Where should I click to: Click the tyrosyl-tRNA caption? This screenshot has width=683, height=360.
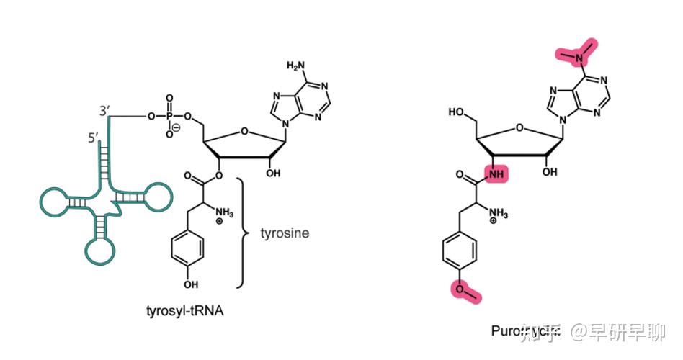click(x=187, y=312)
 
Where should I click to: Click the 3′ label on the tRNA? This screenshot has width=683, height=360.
click(x=104, y=112)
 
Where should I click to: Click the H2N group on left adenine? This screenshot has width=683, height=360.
click(x=296, y=66)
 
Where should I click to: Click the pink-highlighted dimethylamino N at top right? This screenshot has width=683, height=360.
click(x=579, y=52)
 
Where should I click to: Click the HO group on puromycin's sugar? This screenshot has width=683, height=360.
click(x=455, y=112)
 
